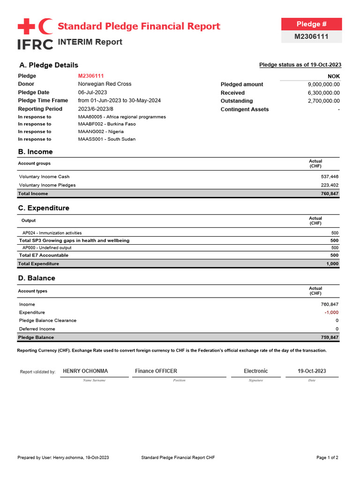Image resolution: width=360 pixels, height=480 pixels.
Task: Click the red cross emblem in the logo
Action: coord(26,27)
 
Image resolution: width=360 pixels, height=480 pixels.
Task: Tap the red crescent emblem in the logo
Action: coord(45,27)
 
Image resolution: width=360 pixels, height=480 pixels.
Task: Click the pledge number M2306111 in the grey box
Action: coord(311,37)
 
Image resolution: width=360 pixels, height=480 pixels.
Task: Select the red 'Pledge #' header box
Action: coord(311,24)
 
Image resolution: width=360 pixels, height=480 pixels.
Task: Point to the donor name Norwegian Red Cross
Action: coord(105,84)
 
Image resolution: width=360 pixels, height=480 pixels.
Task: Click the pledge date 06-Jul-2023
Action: coord(92,92)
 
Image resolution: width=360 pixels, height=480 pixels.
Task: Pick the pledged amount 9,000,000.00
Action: coord(323,84)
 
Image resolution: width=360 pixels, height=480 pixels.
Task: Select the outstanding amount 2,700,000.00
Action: coord(323,101)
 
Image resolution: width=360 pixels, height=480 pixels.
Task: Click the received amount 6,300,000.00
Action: coord(323,93)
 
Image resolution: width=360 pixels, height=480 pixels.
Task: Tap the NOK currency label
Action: coord(334,76)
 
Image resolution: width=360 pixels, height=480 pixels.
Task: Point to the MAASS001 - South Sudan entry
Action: coord(106,139)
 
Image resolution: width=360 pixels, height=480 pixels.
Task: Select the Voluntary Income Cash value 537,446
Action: coord(329,177)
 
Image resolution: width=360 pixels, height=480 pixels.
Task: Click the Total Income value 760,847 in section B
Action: coord(329,194)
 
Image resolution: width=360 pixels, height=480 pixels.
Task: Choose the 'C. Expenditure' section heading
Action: coord(44,208)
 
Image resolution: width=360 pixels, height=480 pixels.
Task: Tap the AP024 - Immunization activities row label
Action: coord(52,233)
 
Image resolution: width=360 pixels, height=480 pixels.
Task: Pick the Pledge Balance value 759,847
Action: coord(329,337)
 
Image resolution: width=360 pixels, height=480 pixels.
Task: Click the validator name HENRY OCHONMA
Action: coord(85,371)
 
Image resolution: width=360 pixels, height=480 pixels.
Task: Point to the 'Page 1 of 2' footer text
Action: coord(327,457)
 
